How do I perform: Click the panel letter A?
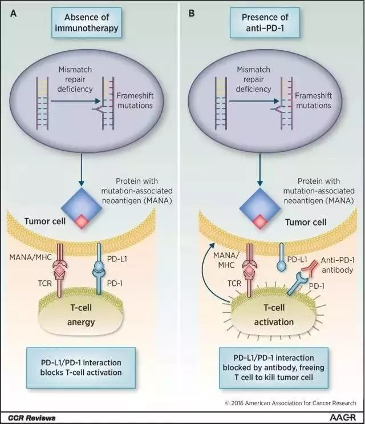coord(13,13)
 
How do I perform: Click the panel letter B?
coord(191,13)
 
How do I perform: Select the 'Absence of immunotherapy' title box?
coord(87,23)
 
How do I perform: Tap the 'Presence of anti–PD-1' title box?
coord(265,23)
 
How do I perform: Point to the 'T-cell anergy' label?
coord(81,315)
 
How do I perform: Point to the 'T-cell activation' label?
coord(274,315)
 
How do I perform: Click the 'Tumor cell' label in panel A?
coord(45,221)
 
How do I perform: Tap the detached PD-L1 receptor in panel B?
coord(282,256)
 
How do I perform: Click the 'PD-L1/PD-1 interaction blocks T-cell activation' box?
coord(81,368)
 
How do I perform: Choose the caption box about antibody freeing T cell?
coord(274,368)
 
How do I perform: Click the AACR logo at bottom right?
coord(343,417)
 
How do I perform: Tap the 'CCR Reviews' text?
coord(31,418)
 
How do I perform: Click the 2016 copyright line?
coord(290,403)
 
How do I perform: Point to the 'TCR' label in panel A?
coord(44,283)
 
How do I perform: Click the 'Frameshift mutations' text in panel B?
coord(314,100)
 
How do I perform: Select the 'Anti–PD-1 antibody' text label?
coord(338,265)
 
